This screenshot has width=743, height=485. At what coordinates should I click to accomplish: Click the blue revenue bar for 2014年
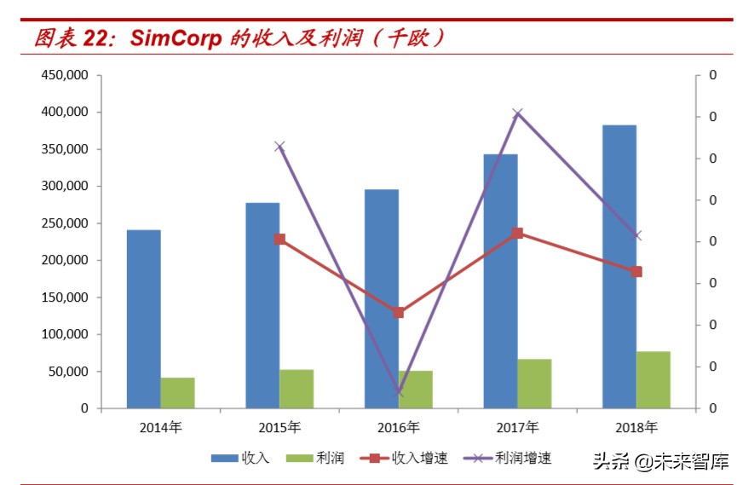click(143, 319)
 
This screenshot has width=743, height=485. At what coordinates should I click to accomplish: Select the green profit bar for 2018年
click(654, 379)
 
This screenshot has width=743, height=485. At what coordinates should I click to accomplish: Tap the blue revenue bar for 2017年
click(500, 281)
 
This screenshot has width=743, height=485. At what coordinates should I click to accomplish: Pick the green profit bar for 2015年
click(297, 389)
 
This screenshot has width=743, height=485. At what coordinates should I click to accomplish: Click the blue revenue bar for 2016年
click(382, 298)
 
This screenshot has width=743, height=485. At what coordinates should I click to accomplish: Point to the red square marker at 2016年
click(399, 313)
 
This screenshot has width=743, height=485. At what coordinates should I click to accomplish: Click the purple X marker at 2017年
click(517, 113)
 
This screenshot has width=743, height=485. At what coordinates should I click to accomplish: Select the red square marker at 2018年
click(636, 272)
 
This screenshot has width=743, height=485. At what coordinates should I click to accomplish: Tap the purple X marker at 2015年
click(279, 147)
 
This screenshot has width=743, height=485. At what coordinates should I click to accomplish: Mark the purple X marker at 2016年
click(399, 392)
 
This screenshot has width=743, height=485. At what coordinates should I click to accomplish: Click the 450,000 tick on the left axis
click(65, 75)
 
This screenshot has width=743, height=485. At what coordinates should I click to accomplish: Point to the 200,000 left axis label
click(65, 260)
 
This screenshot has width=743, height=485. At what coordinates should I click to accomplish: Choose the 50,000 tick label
click(68, 372)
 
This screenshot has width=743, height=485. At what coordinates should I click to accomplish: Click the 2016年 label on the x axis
click(399, 427)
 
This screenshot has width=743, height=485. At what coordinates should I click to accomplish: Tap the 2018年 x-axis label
click(636, 427)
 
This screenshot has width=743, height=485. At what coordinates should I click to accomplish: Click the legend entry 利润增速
click(522, 459)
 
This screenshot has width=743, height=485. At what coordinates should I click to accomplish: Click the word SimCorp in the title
click(176, 38)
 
